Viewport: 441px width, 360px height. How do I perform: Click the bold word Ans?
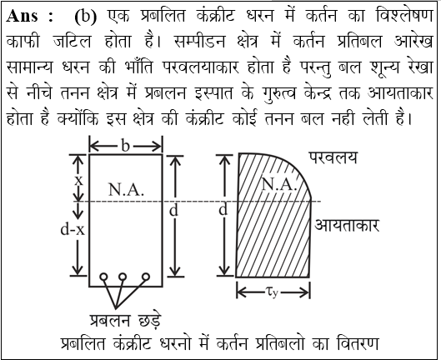pos(22,16)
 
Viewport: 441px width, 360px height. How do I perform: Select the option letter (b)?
pos(86,17)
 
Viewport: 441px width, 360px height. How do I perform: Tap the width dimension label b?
pos(125,146)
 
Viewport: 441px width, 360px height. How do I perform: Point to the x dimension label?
pos(78,180)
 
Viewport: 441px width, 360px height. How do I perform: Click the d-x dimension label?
pos(73,229)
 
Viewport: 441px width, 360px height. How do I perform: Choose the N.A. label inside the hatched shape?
pos(279,184)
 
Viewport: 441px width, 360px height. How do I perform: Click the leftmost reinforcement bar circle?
pos(103,277)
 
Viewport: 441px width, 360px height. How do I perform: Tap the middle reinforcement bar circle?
pos(123,277)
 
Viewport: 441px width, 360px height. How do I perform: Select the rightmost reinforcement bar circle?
pos(146,277)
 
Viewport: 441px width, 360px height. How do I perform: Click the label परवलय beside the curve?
pos(333,157)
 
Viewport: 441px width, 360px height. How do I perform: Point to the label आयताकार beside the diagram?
pos(347,225)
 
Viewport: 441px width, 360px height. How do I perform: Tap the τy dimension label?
pos(272,292)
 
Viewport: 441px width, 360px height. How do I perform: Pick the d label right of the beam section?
pos(173,210)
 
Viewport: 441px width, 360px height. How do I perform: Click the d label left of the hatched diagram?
pos(223,209)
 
